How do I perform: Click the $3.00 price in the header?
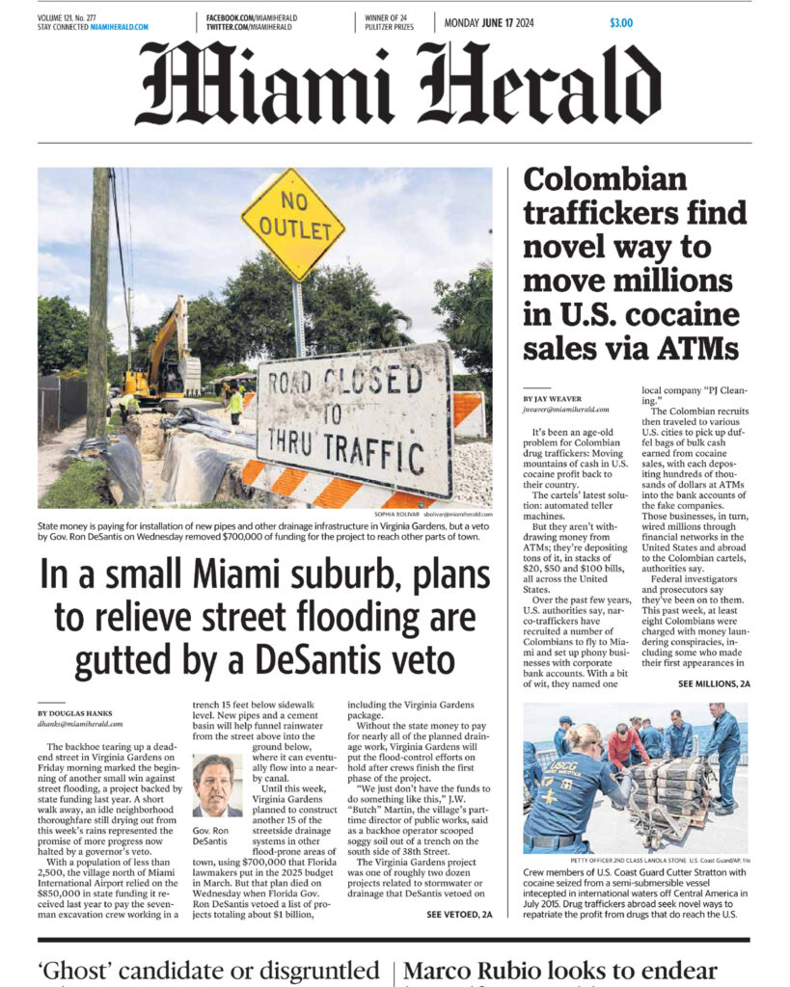[x=621, y=22]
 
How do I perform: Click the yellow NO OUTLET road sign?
[x=292, y=223]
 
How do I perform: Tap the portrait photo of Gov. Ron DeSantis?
[x=217, y=785]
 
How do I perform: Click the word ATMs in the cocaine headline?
[x=695, y=347]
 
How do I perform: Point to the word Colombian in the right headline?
[x=605, y=179]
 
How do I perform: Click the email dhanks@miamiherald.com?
[x=80, y=723]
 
